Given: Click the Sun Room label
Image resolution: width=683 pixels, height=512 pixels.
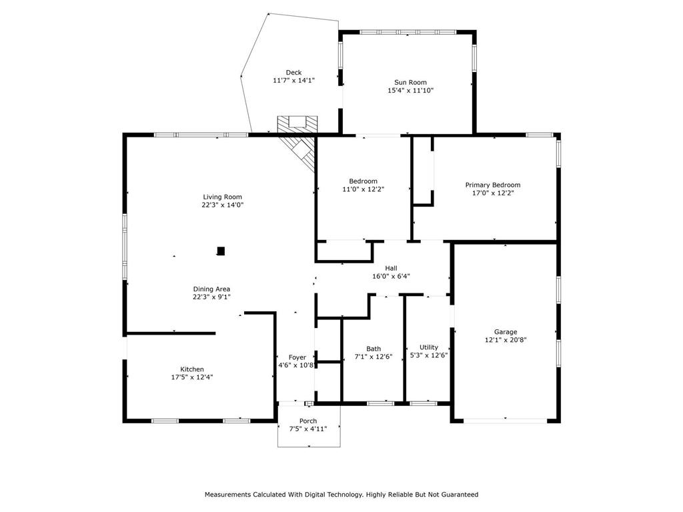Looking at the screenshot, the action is point(410,82).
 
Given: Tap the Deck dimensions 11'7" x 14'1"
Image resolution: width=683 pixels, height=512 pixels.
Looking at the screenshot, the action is point(293,81).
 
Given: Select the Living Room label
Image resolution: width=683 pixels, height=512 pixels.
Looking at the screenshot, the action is point(222,197).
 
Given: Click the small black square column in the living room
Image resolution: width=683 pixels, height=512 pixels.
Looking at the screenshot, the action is point(221,251).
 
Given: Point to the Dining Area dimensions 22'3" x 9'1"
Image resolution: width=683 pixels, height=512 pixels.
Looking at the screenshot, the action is point(211,297).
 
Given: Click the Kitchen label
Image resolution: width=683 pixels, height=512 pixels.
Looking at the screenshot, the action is point(192,369).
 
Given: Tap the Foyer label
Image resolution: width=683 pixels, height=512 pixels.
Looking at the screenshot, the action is point(297,357).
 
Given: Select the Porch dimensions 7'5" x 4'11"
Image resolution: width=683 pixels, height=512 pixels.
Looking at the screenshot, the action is point(308,429).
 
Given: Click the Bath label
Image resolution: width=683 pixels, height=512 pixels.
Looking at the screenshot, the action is point(374,349).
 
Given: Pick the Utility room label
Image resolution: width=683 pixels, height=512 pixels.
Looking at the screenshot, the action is point(429,347).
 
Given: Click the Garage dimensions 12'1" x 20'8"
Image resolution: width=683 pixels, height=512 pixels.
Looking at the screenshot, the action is point(506,339).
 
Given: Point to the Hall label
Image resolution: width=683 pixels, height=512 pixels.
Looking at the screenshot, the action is point(391,268).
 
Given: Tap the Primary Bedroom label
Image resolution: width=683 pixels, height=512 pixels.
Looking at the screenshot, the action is point(493,185).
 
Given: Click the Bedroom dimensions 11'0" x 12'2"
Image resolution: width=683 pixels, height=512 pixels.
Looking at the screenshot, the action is point(364,189).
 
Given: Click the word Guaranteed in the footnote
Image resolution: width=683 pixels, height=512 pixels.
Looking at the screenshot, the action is point(460,495).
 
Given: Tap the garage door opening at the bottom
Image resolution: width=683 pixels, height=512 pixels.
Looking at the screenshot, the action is point(506,421).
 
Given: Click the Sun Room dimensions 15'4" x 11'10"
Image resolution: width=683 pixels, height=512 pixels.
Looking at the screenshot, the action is point(410,91).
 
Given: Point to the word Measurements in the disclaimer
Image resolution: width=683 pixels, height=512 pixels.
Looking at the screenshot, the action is point(228,495).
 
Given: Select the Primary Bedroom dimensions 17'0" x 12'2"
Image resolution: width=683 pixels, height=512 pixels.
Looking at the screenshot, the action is point(493,193).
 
